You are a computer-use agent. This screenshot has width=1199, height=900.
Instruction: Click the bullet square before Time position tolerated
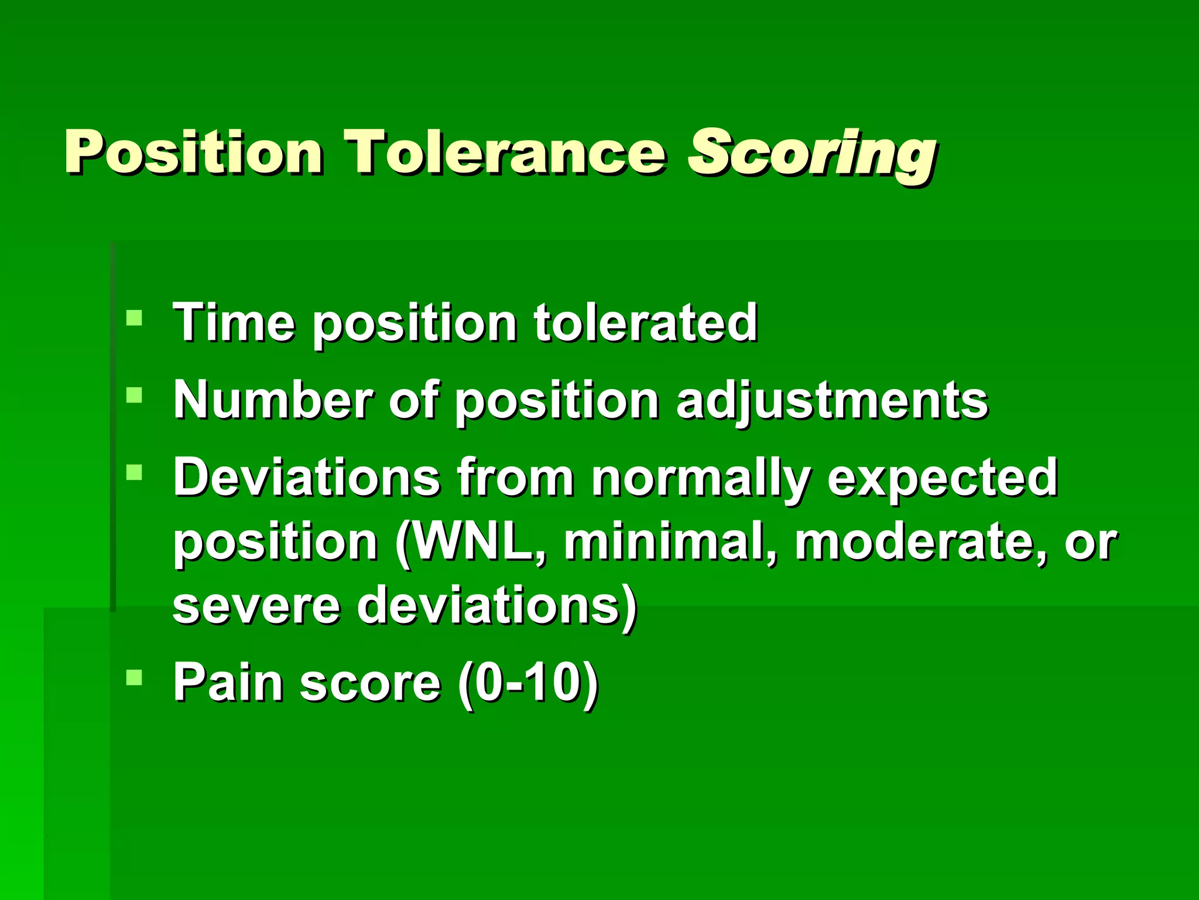(134, 318)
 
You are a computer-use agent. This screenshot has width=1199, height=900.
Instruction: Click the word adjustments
(832, 401)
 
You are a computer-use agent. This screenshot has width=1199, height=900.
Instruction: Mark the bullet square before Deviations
(134, 472)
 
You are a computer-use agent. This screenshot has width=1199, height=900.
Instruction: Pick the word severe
(256, 606)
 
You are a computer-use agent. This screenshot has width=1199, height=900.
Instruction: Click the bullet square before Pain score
(134, 678)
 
